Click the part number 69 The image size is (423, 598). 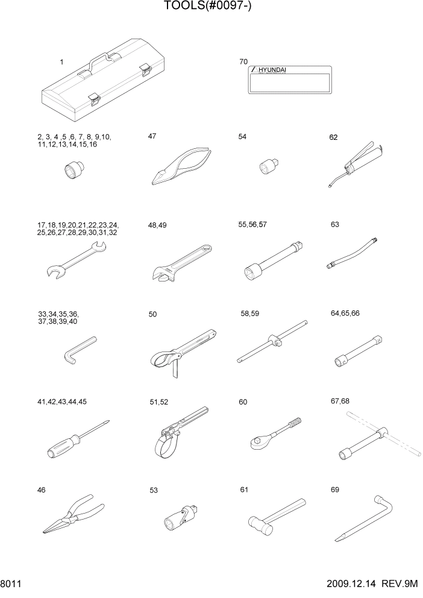(x=335, y=490)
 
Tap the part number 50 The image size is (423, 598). (x=152, y=314)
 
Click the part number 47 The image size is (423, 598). (x=152, y=137)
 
